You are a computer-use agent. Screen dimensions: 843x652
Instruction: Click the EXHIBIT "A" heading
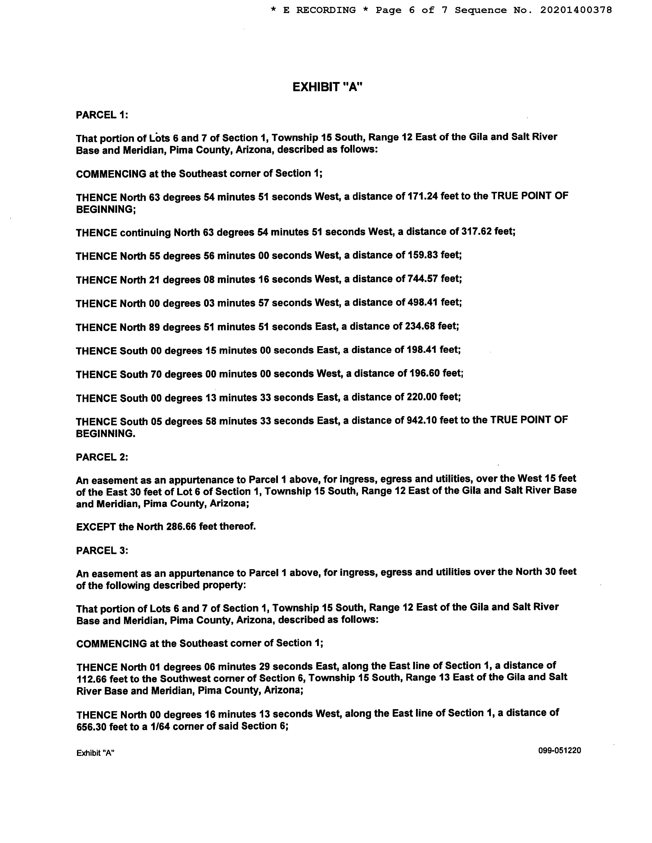tap(327, 87)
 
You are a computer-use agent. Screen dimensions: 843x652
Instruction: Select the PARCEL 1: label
tap(102, 115)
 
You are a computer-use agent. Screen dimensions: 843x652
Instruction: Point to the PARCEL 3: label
tap(102, 551)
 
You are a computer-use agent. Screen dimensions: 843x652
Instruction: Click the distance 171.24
tap(423, 196)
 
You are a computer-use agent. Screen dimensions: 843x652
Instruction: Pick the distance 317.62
tap(477, 232)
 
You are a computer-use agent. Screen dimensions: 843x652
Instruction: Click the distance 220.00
tap(422, 397)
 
